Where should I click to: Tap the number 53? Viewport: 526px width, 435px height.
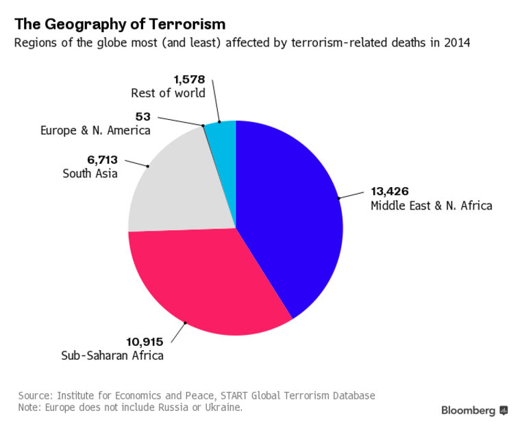pyautogui.click(x=143, y=116)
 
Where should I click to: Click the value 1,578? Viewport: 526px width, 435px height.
pyautogui.click(x=189, y=79)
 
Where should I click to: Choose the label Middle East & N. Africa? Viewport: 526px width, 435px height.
pyautogui.click(x=431, y=206)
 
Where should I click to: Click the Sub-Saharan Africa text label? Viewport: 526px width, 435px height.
pyautogui.click(x=113, y=355)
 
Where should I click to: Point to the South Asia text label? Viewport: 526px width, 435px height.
pyautogui.click(x=90, y=173)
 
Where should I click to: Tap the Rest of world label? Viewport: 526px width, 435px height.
pyautogui.click(x=168, y=92)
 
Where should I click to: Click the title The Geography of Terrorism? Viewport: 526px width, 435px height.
pyautogui.click(x=120, y=25)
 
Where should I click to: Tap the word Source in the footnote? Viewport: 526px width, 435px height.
pyautogui.click(x=35, y=395)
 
